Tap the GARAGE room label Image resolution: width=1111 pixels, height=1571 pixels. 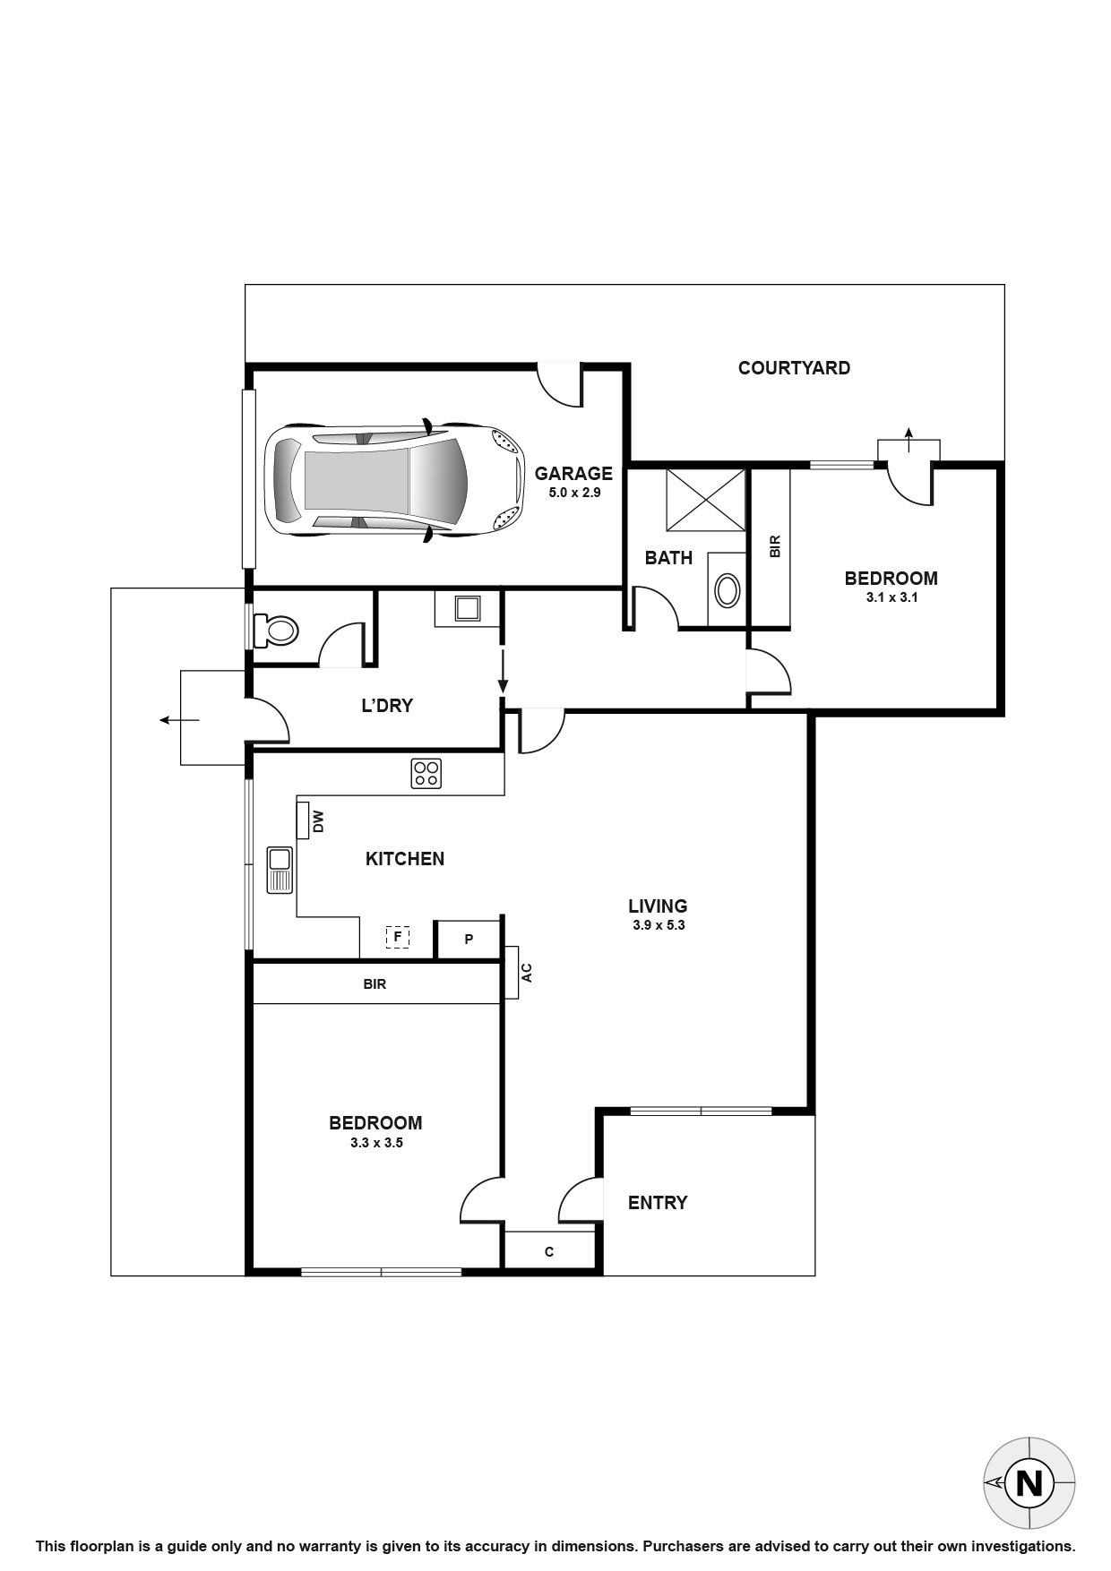pyautogui.click(x=573, y=474)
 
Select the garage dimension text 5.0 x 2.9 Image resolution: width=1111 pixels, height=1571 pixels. pyautogui.click(x=573, y=493)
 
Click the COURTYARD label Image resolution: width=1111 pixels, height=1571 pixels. pyautogui.click(x=794, y=368)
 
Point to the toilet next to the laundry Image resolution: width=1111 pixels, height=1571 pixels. pyautogui.click(x=276, y=630)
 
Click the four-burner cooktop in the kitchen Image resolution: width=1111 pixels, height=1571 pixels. pyautogui.click(x=426, y=773)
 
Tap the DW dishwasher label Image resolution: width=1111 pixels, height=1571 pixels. pyautogui.click(x=316, y=820)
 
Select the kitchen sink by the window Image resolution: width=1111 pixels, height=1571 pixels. pyautogui.click(x=280, y=870)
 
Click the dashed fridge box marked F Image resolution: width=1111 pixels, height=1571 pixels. pyautogui.click(x=397, y=938)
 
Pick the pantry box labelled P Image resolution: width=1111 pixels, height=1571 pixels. pyautogui.click(x=468, y=940)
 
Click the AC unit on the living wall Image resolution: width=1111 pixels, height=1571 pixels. pyautogui.click(x=512, y=973)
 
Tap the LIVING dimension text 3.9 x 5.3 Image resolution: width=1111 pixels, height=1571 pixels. pyautogui.click(x=658, y=925)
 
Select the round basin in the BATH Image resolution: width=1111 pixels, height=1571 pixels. pyautogui.click(x=728, y=591)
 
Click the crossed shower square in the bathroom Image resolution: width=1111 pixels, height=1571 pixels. pyautogui.click(x=706, y=499)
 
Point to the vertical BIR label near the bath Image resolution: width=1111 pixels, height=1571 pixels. pyautogui.click(x=775, y=546)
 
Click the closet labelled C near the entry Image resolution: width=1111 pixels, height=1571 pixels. pyautogui.click(x=548, y=1251)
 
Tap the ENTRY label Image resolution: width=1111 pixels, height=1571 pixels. pyautogui.click(x=658, y=1203)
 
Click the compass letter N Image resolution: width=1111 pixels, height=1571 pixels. pyautogui.click(x=1029, y=1484)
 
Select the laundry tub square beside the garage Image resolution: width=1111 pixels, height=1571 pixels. pyautogui.click(x=468, y=608)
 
